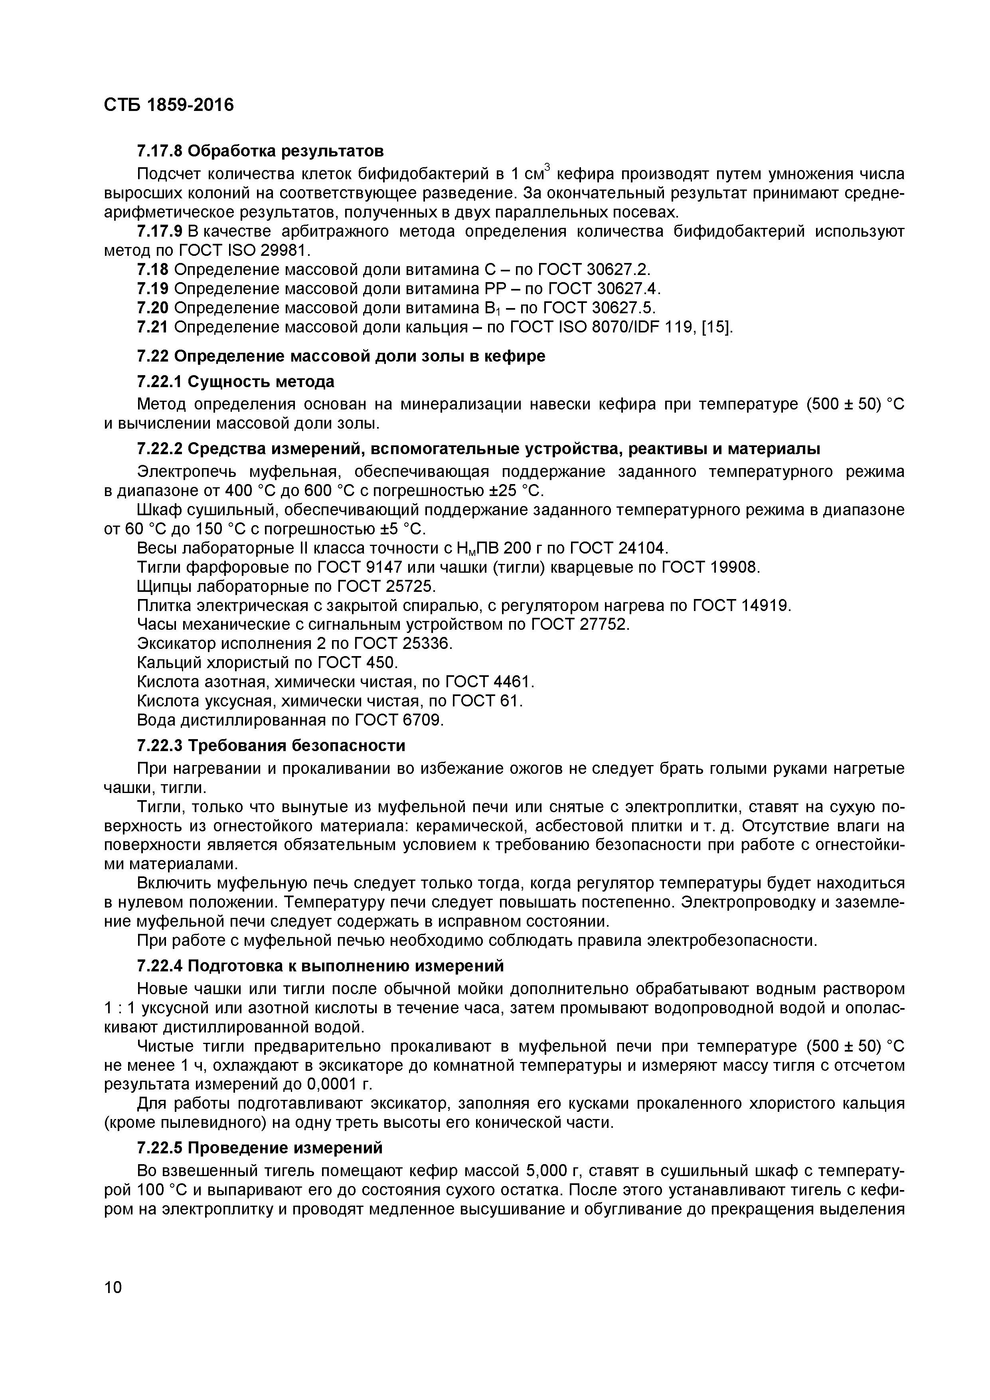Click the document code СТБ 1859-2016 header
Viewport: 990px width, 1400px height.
[169, 105]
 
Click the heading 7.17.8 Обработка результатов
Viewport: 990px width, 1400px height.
[260, 150]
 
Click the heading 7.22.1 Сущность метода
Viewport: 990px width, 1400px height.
[235, 382]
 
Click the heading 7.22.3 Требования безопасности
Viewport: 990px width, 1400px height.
[271, 746]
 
